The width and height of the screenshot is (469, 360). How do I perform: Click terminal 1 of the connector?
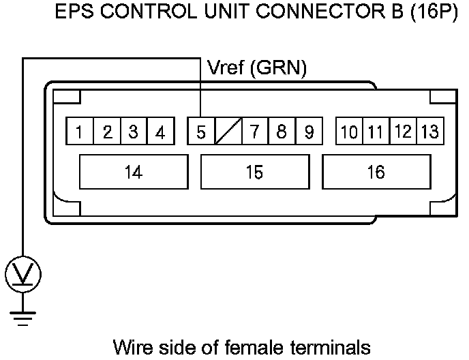80,132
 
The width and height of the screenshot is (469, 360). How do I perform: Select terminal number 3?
134,132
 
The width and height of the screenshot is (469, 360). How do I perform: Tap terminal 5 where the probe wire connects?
201,132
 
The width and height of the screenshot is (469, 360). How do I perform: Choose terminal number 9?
308,132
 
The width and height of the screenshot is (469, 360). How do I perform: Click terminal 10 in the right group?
349,132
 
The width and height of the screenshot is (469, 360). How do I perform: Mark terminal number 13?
429,132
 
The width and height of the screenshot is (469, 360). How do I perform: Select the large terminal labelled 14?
134,172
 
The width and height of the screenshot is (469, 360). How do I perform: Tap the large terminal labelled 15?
254,172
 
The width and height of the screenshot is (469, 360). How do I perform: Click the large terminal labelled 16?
376,172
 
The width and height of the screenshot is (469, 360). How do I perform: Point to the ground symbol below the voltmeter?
24,315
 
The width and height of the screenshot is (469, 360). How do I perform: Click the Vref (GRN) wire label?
256,67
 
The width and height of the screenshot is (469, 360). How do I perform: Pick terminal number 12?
403,132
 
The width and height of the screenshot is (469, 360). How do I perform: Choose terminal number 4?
160,132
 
